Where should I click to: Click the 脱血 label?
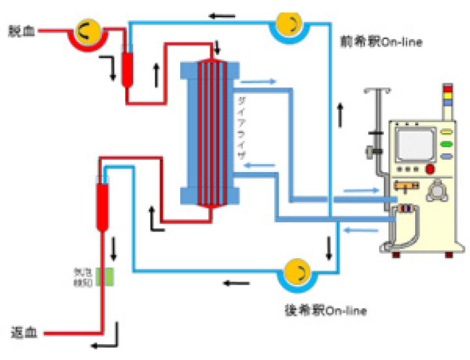tap(20, 31)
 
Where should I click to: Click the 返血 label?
tap(22, 334)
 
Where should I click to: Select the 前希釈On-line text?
tap(381, 42)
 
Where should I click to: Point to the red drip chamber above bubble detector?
tap(102, 206)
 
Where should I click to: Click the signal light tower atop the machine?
tap(447, 98)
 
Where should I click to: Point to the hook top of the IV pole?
tap(377, 91)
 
